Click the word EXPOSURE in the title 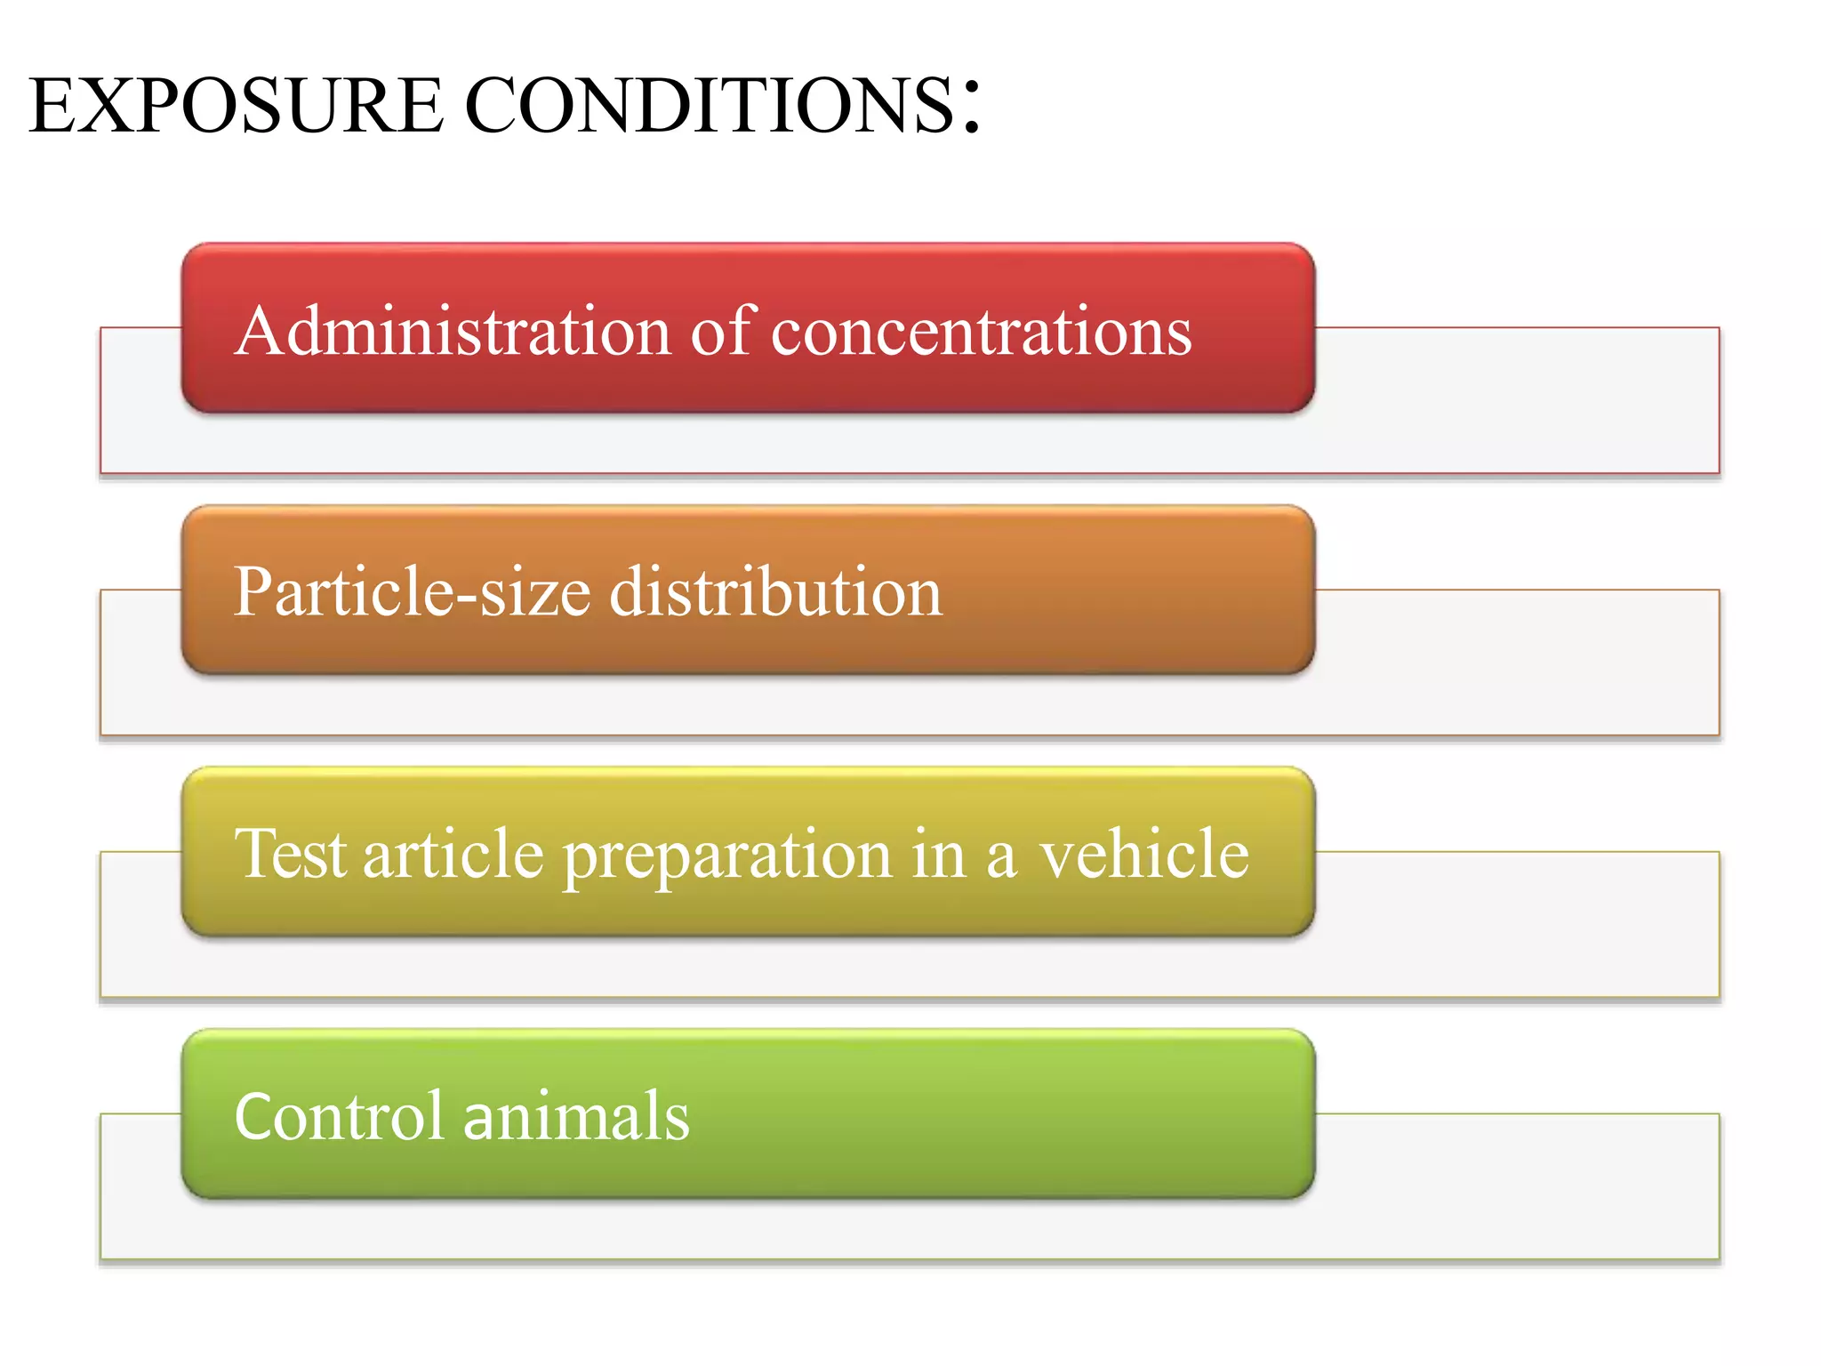point(236,106)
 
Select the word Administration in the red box point(453,331)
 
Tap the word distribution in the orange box point(775,592)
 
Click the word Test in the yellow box point(289,853)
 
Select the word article point(453,853)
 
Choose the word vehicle point(1144,853)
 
